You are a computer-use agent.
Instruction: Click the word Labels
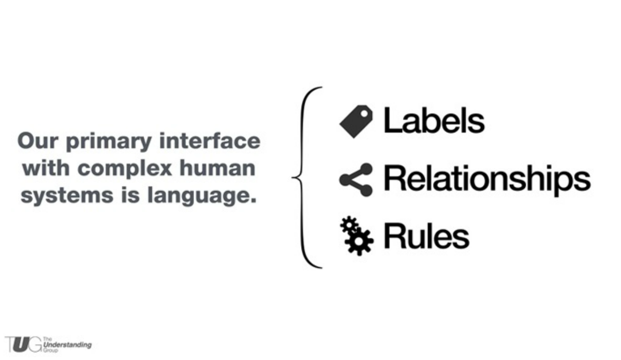click(x=434, y=121)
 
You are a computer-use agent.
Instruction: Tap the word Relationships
click(x=486, y=179)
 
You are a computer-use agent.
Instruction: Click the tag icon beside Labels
click(x=356, y=121)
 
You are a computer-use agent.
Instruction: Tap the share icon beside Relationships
click(x=356, y=179)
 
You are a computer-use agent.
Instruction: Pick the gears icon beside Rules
click(x=356, y=236)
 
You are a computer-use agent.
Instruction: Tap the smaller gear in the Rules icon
click(x=349, y=226)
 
